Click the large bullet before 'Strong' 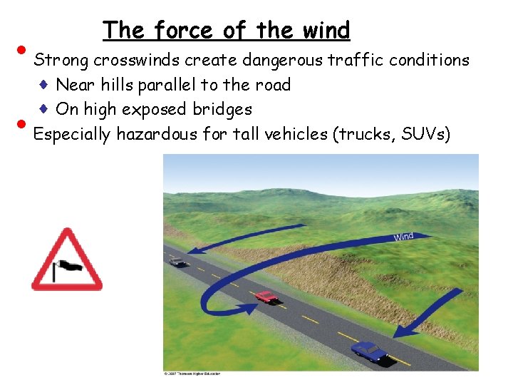coord(24,51)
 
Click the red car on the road coord(265,296)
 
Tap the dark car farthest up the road coord(178,262)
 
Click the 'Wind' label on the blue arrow coord(403,237)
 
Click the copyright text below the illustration coord(192,374)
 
